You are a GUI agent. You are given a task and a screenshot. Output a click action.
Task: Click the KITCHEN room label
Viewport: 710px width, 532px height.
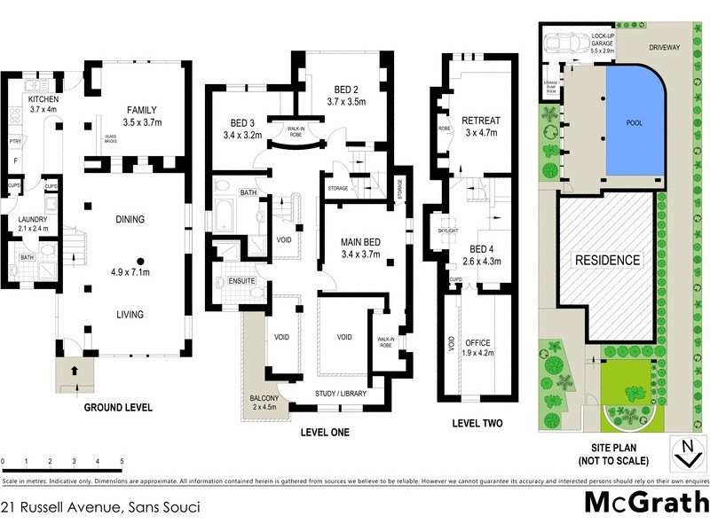pyautogui.click(x=43, y=99)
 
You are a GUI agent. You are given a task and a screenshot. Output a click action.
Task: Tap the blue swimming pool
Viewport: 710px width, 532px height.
pyautogui.click(x=634, y=124)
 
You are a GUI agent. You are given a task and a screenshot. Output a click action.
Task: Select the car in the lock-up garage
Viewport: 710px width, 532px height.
pyautogui.click(x=563, y=43)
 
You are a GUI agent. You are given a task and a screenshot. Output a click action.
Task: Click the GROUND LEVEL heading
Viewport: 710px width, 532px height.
pyautogui.click(x=118, y=409)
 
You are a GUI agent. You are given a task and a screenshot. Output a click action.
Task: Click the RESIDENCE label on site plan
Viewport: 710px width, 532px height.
pyautogui.click(x=608, y=261)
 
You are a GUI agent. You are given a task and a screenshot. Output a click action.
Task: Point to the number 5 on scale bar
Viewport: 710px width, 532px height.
pyautogui.click(x=121, y=462)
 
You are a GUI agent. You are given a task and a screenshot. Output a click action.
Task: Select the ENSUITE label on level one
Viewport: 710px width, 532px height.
pyautogui.click(x=241, y=281)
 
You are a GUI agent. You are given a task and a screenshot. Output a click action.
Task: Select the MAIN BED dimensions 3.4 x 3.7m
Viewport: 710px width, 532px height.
pyautogui.click(x=359, y=255)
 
